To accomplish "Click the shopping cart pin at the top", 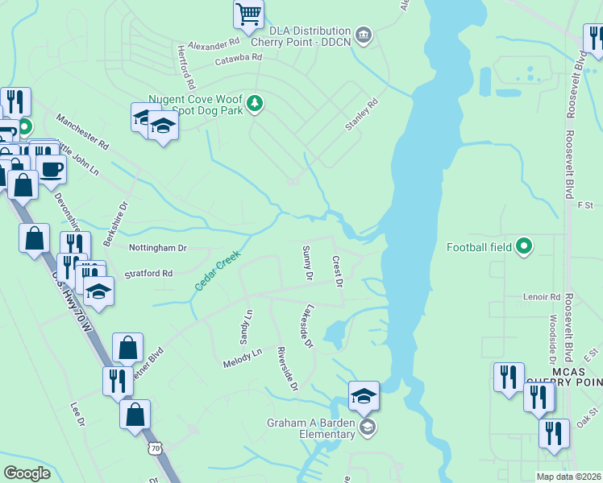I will point(249,14).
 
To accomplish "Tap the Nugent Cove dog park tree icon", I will point(255,103).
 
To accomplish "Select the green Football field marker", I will point(524,246).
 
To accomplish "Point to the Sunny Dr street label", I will point(306,263).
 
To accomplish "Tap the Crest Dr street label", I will point(338,272).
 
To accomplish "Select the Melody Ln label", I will point(243,358).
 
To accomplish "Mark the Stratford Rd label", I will point(148,275).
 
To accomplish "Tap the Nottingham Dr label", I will point(158,248).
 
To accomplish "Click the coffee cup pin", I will point(52,169).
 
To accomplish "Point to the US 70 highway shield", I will point(153,447).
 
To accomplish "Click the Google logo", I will point(27,473).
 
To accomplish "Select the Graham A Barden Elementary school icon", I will point(368,426).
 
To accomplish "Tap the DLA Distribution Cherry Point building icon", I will point(364,35).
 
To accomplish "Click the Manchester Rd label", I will point(81,132).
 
